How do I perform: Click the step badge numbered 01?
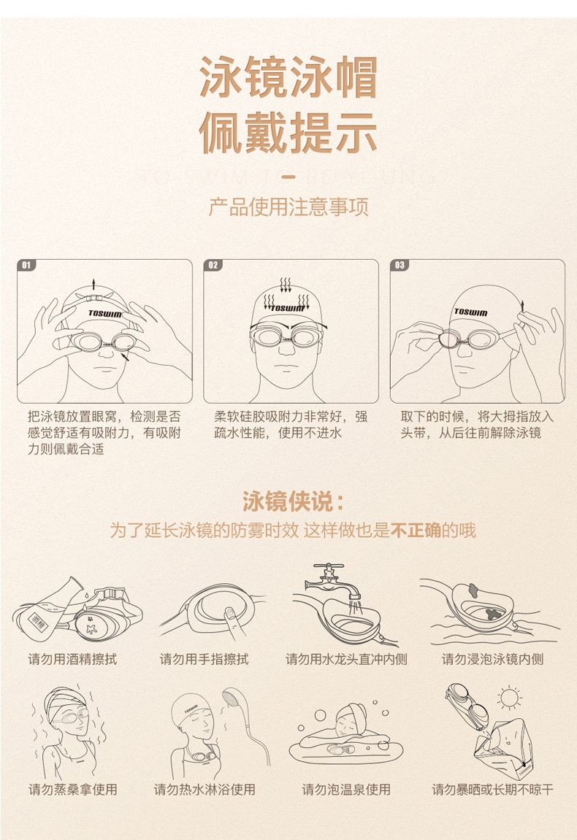[x=26, y=265]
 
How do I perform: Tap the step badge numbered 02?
[x=213, y=265]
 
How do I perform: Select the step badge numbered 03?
[x=400, y=265]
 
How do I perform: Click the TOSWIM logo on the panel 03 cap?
[x=471, y=312]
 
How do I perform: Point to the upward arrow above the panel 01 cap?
[x=93, y=284]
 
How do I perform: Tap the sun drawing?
[x=509, y=698]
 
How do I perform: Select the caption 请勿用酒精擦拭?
[x=72, y=659]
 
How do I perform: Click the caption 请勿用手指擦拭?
[x=205, y=659]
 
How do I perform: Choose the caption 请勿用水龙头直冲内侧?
[x=346, y=659]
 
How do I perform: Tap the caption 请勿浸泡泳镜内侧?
[x=492, y=659]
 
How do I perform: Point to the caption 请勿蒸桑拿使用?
[x=72, y=789]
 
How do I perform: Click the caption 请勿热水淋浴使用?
[x=205, y=789]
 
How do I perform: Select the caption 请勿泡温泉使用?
[x=346, y=789]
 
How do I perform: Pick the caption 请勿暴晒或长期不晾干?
[x=492, y=789]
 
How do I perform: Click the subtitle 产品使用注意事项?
[x=288, y=207]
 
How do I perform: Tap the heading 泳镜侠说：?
[x=292, y=501]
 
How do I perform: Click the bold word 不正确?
[x=416, y=531]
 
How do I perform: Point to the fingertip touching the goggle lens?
[x=229, y=612]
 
